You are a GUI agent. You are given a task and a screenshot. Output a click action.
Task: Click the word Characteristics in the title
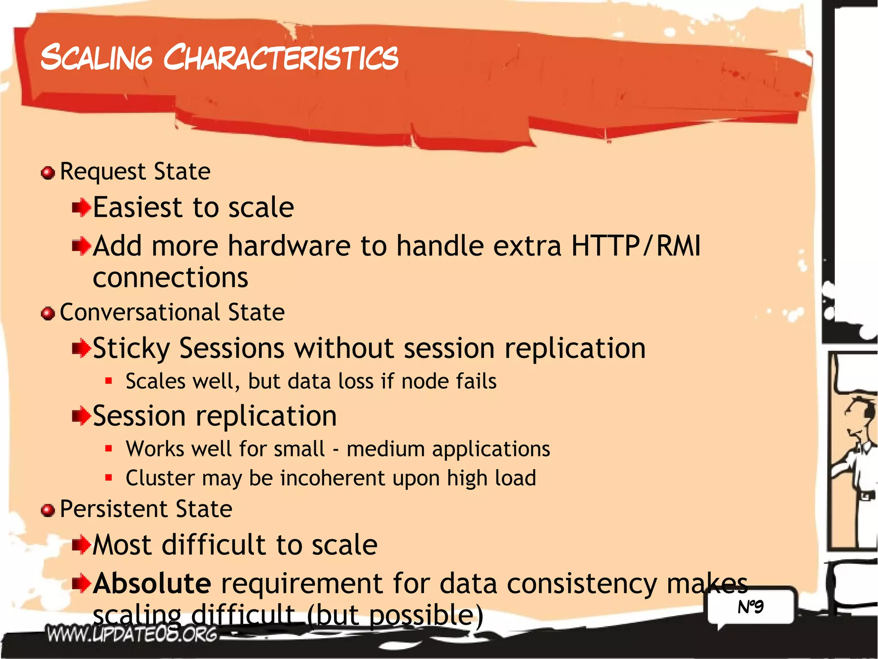point(281,57)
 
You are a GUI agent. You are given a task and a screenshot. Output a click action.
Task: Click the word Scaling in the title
point(96,57)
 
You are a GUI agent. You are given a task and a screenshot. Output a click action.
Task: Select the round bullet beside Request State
point(48,173)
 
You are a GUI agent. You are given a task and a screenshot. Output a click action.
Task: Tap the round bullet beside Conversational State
point(48,314)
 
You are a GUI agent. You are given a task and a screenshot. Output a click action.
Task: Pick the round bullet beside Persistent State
point(48,510)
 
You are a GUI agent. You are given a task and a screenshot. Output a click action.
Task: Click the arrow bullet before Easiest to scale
point(81,209)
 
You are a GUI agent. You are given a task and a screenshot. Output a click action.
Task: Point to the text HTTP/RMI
point(636,246)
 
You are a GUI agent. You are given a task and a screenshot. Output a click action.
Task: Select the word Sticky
point(131,348)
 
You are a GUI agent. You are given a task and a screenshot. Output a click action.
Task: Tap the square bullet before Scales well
point(108,381)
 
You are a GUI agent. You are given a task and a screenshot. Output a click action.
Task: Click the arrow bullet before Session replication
point(81,416)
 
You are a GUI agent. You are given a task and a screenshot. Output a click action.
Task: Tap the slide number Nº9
point(750,607)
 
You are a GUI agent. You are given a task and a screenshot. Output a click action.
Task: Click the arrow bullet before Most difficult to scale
point(81,546)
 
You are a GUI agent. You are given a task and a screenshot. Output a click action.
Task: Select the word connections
point(171,278)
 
